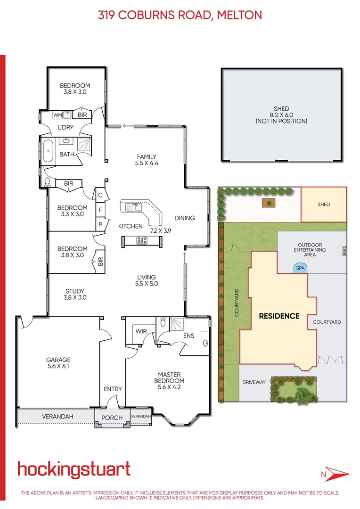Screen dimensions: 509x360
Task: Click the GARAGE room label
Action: pos(58,360)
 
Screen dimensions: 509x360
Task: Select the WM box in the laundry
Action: pos(57,115)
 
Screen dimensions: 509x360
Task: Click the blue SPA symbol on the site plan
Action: pos(299,268)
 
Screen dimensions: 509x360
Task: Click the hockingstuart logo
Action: pos(74,469)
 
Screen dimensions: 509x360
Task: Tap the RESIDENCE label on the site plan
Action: pos(279,316)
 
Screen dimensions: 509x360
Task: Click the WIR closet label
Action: pos(141,331)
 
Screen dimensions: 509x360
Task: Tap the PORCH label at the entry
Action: pos(112,418)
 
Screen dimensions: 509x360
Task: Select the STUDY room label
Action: pos(75,291)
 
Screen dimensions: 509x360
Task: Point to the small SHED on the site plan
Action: pos(324,205)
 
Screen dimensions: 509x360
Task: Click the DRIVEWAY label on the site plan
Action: pos(254,382)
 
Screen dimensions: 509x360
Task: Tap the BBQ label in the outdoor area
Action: pos(344,252)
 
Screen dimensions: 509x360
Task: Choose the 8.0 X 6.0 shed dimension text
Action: pos(281,115)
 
